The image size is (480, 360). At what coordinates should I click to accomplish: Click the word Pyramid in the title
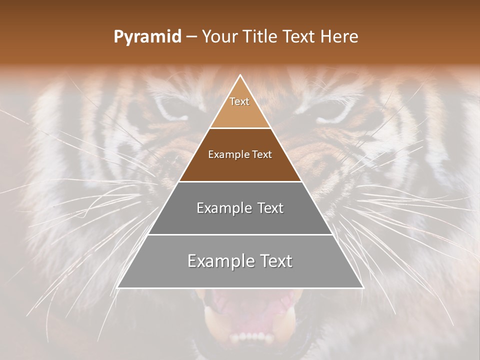(x=147, y=37)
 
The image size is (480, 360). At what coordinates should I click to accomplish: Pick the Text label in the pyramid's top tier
(x=239, y=101)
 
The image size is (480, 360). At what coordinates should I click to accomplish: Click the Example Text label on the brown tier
(x=240, y=154)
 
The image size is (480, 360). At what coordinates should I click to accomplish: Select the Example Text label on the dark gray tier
(x=240, y=208)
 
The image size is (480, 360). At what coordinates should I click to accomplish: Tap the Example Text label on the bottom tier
(x=240, y=261)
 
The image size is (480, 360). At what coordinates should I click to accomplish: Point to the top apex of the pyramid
(x=240, y=75)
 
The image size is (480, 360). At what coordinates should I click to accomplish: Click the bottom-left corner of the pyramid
(x=118, y=287)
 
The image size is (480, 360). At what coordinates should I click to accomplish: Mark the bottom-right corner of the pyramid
(x=362, y=287)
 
